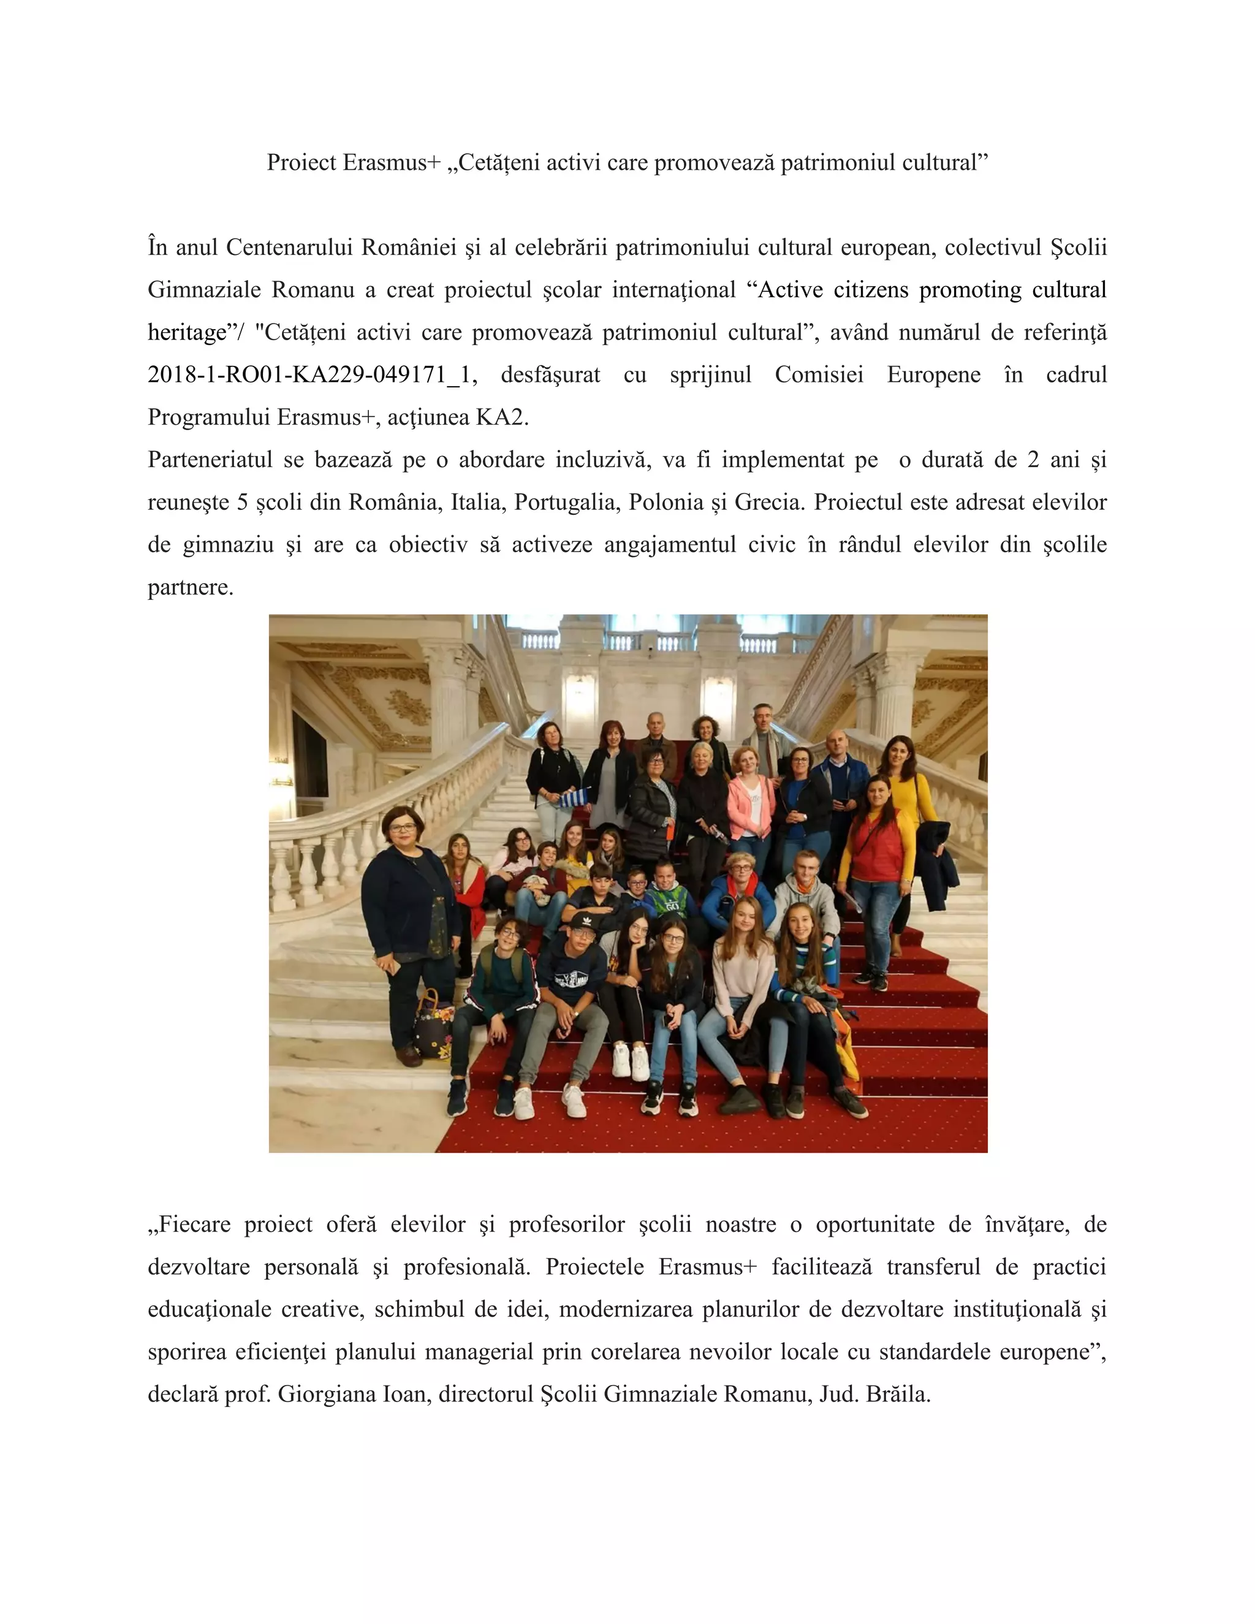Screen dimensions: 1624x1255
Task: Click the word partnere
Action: coord(191,588)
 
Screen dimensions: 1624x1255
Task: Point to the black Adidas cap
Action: coord(583,922)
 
